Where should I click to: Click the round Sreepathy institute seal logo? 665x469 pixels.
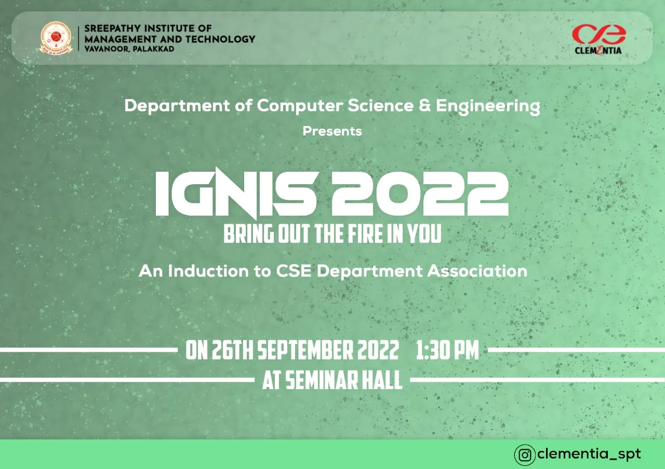tap(56, 38)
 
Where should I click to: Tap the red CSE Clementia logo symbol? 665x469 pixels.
tap(599, 34)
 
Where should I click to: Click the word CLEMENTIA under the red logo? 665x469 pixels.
tap(598, 51)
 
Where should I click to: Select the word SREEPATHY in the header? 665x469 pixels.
tap(112, 29)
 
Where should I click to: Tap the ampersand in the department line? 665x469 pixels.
tap(424, 105)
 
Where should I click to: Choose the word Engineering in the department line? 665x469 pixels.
tap(488, 107)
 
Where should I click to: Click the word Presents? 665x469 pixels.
tap(332, 131)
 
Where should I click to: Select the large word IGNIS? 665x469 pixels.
tap(236, 194)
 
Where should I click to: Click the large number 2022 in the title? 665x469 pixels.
tap(420, 194)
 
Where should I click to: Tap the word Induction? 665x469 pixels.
tap(208, 271)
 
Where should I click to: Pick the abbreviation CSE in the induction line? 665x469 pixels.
tap(294, 271)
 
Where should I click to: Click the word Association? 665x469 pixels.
tap(477, 271)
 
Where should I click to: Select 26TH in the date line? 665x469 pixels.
tap(232, 350)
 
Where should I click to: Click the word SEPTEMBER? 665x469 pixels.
tap(305, 350)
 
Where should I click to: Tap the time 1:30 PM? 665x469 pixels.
tap(447, 350)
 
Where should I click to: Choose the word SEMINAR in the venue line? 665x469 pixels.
tap(322, 380)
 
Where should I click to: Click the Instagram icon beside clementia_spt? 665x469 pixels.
tap(525, 454)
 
